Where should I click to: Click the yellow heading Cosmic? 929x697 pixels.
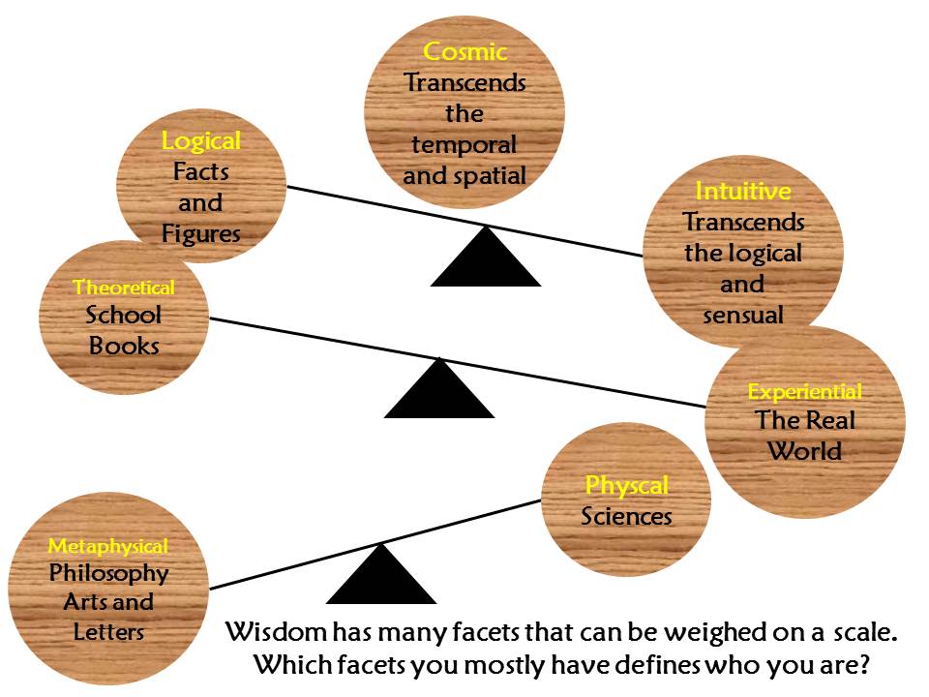coord(464,51)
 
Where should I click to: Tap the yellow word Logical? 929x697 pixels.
coord(201,141)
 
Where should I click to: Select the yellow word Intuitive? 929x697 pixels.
coord(743,191)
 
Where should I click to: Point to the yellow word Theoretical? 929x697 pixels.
coord(124,288)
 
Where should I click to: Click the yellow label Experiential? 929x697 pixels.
coord(805,392)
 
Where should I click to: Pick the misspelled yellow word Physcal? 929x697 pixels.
coord(626,485)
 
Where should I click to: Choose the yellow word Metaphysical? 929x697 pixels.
coord(108,546)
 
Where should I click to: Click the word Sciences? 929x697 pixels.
coord(626,516)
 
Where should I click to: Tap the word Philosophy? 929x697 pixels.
coord(108,572)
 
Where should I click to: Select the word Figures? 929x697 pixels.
coord(201,234)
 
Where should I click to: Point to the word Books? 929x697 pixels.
coord(124,345)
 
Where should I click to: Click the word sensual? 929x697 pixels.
coord(743,315)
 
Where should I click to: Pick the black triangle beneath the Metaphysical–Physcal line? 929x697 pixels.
coord(381,579)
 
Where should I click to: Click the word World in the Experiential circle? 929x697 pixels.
coord(805,451)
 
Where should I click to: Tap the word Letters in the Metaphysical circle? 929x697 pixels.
coord(108,632)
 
